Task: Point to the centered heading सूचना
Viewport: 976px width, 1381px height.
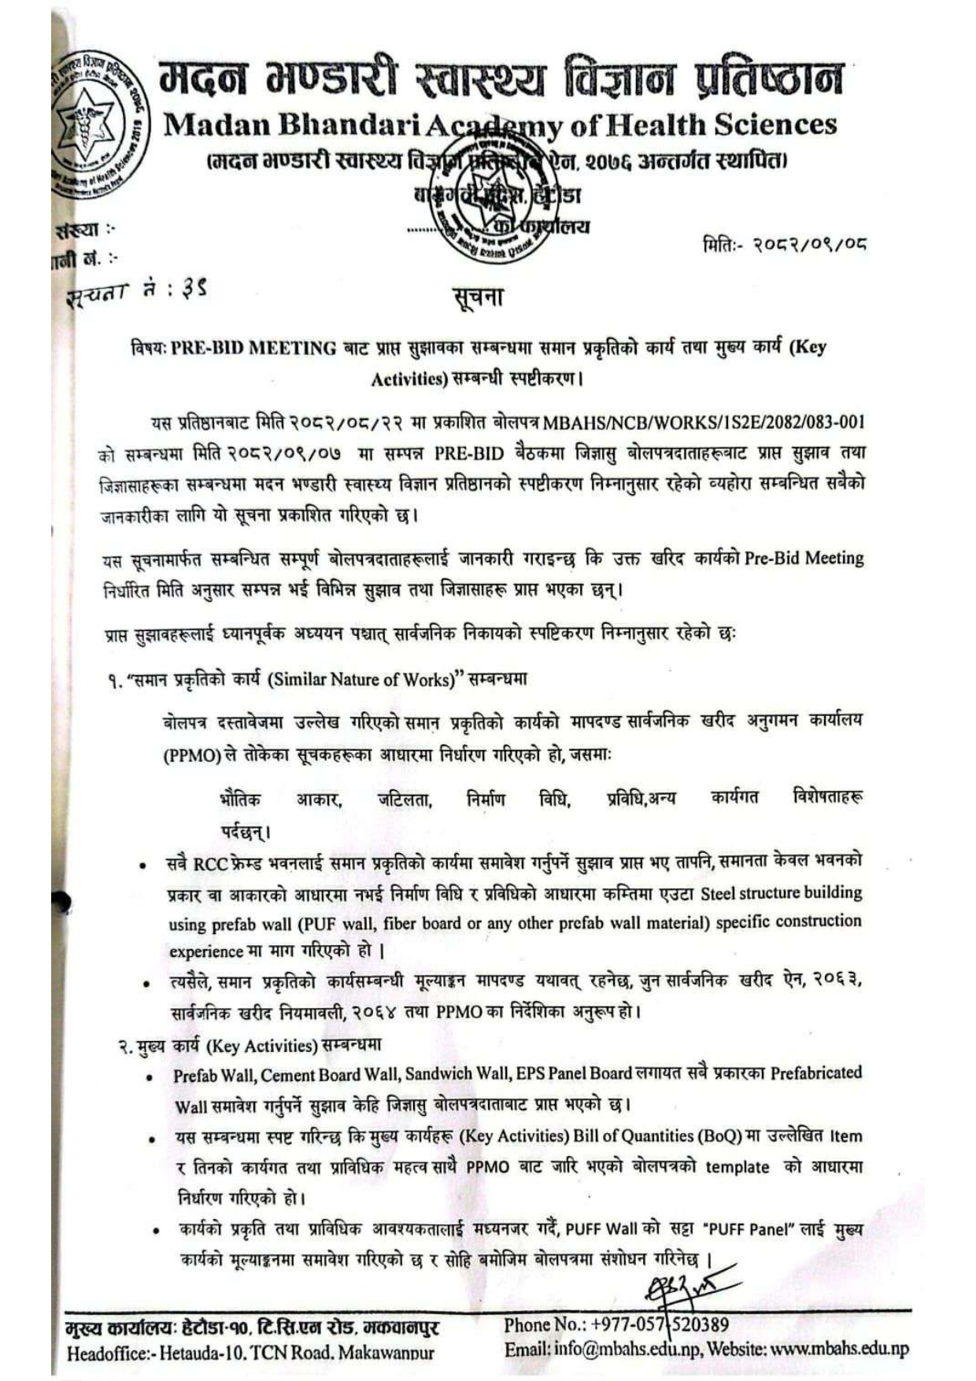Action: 478,297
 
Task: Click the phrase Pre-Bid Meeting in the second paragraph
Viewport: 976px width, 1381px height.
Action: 804,558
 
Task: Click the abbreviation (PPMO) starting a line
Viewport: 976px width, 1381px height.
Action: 192,755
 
